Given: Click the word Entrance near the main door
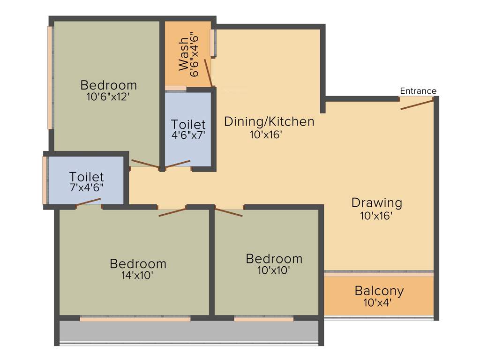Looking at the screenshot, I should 418,91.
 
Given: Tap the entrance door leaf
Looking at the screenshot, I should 417,105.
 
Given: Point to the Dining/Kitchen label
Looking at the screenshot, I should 269,121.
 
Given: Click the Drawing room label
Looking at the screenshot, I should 377,203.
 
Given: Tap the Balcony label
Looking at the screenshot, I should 379,291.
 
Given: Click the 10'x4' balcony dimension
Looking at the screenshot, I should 377,303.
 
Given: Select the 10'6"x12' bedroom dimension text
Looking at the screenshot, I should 109,97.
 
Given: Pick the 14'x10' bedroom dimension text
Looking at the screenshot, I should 137,276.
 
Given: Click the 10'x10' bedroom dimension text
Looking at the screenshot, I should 274,270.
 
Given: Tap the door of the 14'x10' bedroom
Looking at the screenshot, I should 172,212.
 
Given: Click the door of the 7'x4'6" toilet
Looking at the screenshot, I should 89,202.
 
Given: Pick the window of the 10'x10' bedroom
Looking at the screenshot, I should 263,319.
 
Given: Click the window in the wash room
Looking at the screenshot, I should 214,43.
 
